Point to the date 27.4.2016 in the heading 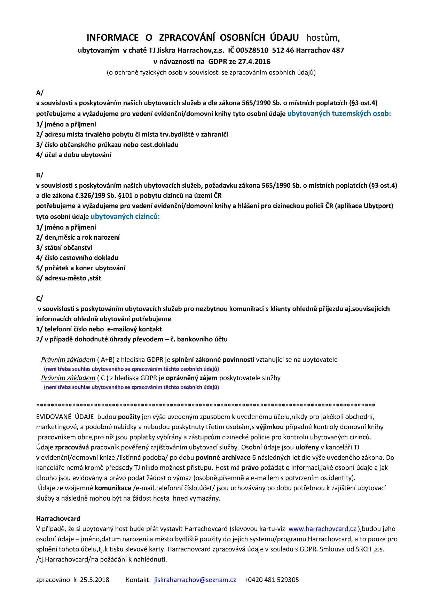tap(254, 62)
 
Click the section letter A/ tap(40, 93)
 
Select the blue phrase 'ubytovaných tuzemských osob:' tap(339, 114)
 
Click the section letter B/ tap(40, 175)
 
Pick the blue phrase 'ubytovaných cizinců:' tap(125, 216)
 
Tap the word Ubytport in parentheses tap(377, 206)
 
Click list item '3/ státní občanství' tap(64, 248)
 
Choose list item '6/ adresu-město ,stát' tap(69, 278)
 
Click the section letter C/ tap(40, 299)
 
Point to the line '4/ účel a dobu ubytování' tap(74, 155)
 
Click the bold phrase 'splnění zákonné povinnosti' tap(213, 359)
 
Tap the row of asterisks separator tap(205, 405)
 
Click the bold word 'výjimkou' tap(270, 427)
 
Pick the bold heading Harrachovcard tap(58, 519)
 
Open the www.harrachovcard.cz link tap(322, 529)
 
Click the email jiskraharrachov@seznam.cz tap(195, 580)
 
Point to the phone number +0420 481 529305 tap(272, 580)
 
